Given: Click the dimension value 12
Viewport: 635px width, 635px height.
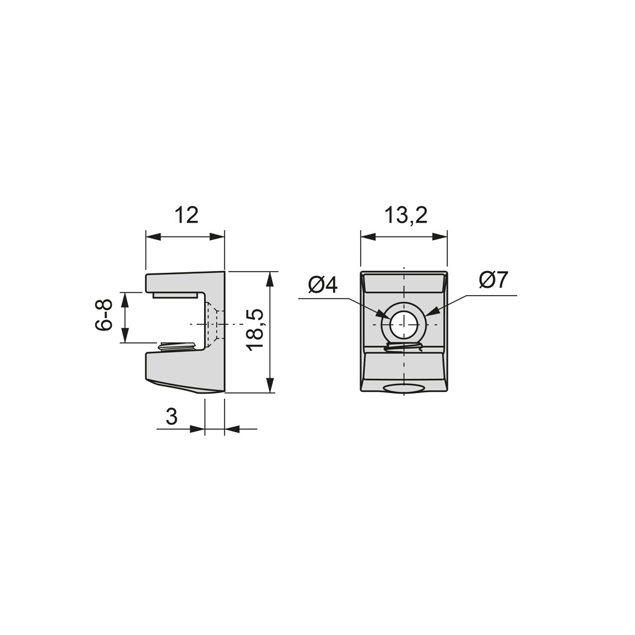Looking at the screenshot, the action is [x=186, y=215].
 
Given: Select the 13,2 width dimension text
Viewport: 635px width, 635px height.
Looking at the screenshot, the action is [x=406, y=215].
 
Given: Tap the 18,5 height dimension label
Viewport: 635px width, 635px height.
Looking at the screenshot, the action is [x=256, y=330].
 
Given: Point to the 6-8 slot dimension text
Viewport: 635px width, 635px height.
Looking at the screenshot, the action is [x=104, y=316].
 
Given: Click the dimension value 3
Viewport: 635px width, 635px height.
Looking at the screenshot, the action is [x=172, y=416].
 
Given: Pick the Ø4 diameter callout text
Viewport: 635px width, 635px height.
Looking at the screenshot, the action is [x=322, y=285].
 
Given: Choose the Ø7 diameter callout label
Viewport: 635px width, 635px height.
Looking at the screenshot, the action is [x=493, y=280].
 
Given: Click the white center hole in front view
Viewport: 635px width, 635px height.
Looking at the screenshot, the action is [x=404, y=325].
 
